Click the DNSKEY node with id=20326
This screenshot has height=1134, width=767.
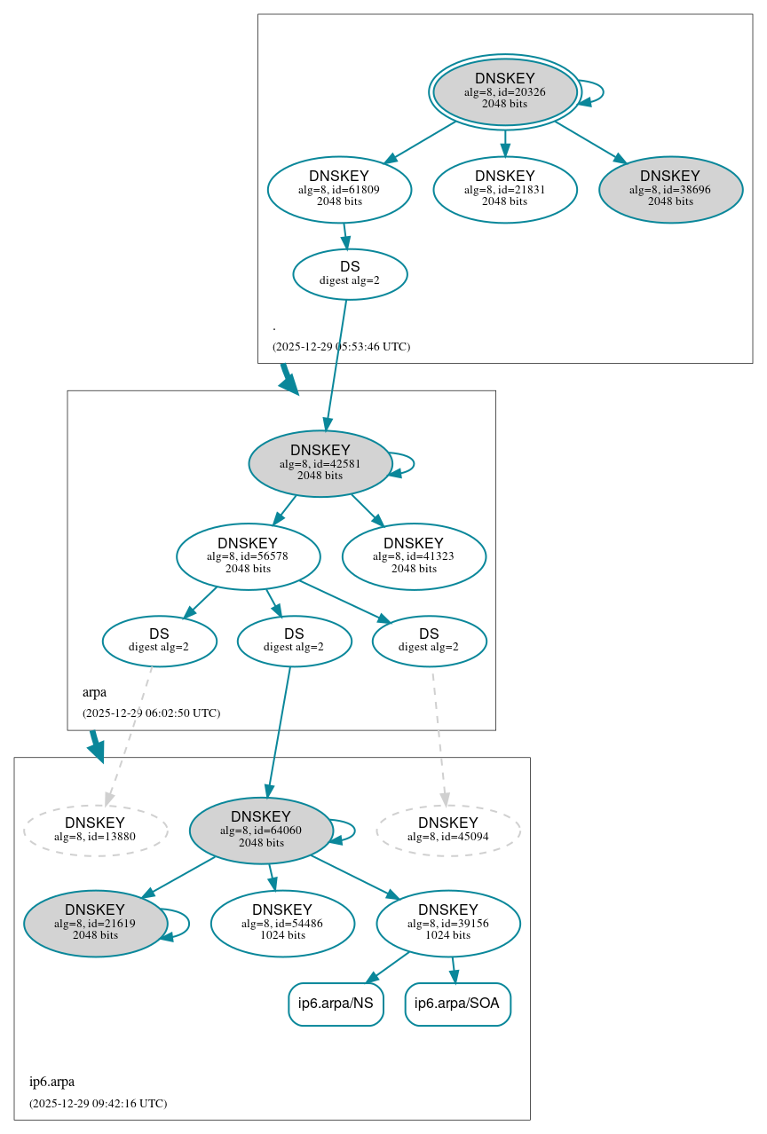tap(504, 91)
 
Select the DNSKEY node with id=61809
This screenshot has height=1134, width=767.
tap(339, 189)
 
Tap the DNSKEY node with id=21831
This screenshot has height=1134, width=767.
tap(505, 189)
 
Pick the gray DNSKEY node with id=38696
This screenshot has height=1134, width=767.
tap(670, 189)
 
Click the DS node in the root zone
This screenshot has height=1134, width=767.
tap(350, 274)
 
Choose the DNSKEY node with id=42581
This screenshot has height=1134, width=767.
tap(320, 463)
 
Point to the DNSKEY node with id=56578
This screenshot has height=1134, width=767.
tap(248, 556)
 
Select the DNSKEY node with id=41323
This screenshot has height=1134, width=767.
tap(414, 556)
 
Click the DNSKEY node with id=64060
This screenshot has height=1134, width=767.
tap(261, 831)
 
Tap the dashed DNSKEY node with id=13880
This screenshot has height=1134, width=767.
tap(95, 831)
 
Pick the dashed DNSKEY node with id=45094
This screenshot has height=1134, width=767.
tap(448, 831)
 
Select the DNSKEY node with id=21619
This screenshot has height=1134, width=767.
tap(95, 923)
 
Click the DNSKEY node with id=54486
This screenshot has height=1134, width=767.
tap(282, 923)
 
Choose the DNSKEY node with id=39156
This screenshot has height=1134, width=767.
tap(448, 923)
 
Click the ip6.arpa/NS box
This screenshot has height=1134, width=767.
tap(336, 1004)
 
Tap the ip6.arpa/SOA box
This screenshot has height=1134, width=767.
tap(457, 1004)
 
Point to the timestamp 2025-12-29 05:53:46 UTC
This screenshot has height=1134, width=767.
tap(341, 347)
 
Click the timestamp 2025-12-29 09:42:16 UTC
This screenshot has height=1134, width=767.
tap(98, 1104)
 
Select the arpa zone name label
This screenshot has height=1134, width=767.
tap(94, 692)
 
